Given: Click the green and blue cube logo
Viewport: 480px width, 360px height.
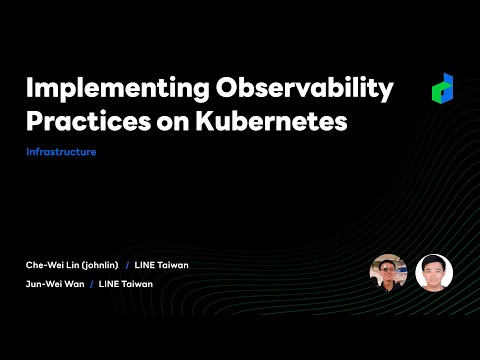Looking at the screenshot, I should tap(443, 89).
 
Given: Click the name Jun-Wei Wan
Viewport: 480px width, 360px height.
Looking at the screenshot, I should tap(55, 284).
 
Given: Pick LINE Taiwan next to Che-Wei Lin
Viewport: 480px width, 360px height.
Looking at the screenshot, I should tap(161, 265).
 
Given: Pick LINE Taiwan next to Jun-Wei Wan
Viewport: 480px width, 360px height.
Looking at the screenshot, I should tap(125, 284).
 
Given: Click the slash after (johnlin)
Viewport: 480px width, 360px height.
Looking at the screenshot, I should tap(127, 265).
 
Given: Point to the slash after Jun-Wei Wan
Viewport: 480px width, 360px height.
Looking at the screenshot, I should tap(91, 284).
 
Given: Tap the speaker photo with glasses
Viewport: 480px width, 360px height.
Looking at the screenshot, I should tap(388, 272).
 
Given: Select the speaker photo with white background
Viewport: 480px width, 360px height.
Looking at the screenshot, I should tap(434, 272).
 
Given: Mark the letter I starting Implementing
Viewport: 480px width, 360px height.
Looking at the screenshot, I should tap(29, 89).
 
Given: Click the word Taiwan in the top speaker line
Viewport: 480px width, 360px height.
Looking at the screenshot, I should tap(172, 265).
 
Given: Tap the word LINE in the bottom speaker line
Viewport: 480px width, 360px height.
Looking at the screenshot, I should tap(109, 284).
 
